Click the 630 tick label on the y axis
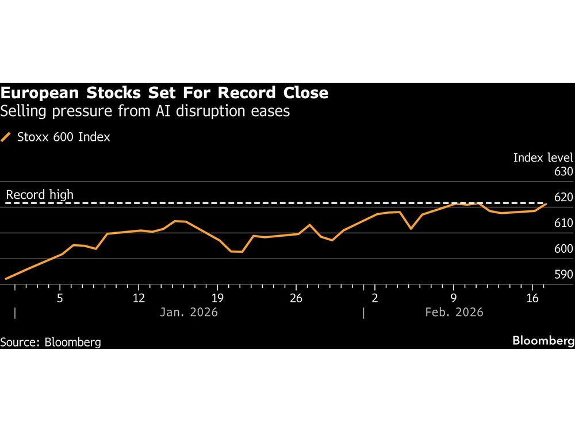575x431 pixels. pyautogui.click(x=563, y=172)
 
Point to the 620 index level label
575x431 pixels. pyautogui.click(x=563, y=198)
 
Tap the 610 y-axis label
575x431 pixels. pyautogui.click(x=563, y=223)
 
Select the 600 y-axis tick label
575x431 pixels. pyautogui.click(x=563, y=249)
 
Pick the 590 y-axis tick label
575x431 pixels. pyautogui.click(x=563, y=275)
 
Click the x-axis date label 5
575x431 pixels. pyautogui.click(x=60, y=298)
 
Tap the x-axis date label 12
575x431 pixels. pyautogui.click(x=139, y=298)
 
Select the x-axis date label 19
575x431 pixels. pyautogui.click(x=217, y=298)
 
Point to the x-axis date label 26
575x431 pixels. pyautogui.click(x=296, y=298)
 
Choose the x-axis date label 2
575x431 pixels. pyautogui.click(x=374, y=298)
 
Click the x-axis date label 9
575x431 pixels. pyautogui.click(x=453, y=298)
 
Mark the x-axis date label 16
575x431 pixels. pyautogui.click(x=532, y=298)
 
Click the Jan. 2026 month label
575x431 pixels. pyautogui.click(x=189, y=313)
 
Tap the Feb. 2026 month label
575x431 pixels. pyautogui.click(x=454, y=313)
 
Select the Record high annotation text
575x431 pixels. pyautogui.click(x=40, y=195)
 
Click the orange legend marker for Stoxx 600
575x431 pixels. pyautogui.click(x=6, y=137)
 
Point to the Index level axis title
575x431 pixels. pyautogui.click(x=543, y=157)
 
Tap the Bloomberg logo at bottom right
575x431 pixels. pyautogui.click(x=543, y=341)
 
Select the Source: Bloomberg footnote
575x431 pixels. pyautogui.click(x=51, y=342)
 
